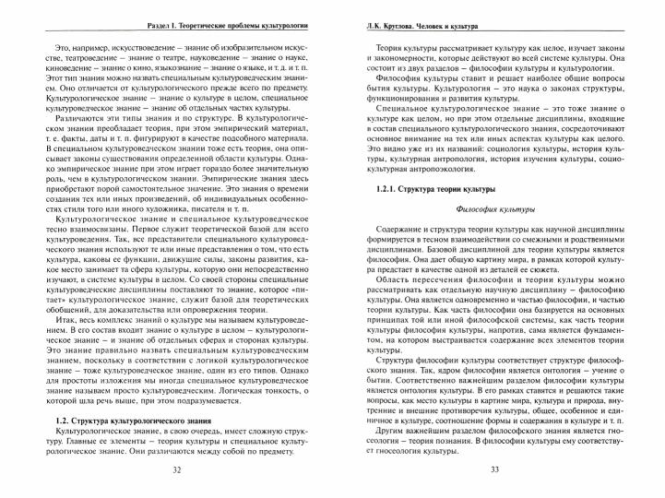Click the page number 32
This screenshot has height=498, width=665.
(x=176, y=470)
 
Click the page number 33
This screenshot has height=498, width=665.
(x=494, y=470)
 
